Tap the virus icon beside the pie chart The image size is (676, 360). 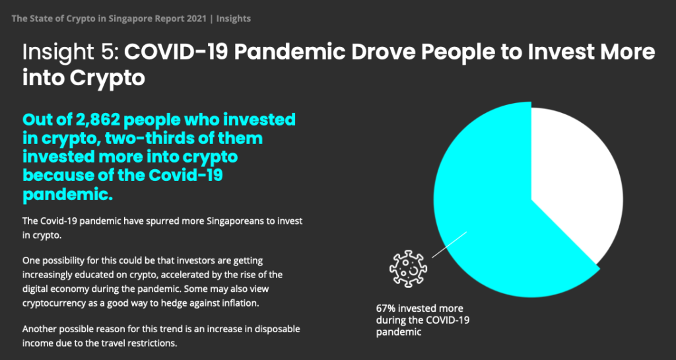(408, 269)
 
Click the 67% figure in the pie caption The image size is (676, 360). (385, 308)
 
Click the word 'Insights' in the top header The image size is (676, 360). (234, 18)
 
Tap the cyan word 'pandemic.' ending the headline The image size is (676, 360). (67, 194)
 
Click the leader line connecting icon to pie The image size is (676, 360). (449, 245)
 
